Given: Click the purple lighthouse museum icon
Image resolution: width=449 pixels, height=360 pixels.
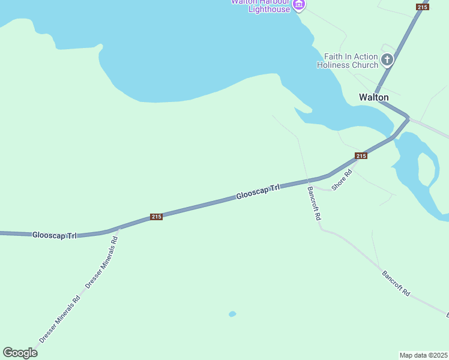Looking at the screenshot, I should (299, 5).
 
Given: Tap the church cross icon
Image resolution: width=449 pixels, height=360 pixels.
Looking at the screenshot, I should (387, 59).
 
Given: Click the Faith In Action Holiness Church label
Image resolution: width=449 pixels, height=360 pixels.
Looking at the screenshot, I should (348, 60).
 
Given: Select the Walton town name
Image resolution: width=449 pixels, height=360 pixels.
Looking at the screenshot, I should (373, 97).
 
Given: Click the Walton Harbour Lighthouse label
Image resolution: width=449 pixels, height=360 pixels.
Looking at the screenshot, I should (261, 5).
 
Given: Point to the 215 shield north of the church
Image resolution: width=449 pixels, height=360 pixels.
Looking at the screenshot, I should (423, 7).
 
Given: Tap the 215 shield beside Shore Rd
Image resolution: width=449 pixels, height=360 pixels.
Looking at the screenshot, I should (360, 156).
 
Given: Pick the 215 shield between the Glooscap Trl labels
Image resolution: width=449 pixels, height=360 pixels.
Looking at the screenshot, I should (156, 217).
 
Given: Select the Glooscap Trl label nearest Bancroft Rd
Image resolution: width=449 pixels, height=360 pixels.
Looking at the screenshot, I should (258, 192).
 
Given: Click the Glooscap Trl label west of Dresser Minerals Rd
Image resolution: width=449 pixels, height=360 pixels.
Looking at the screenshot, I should (54, 235).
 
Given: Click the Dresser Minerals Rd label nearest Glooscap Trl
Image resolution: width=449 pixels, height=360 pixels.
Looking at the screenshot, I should (102, 263).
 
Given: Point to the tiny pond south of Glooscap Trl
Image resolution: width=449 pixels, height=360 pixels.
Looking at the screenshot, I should (232, 314).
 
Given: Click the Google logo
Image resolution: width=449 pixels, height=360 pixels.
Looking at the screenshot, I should (20, 353).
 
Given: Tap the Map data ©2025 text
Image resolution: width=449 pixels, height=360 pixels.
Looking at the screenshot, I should (423, 355).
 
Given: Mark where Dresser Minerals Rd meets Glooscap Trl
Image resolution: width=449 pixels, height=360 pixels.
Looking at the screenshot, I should (119, 228).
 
